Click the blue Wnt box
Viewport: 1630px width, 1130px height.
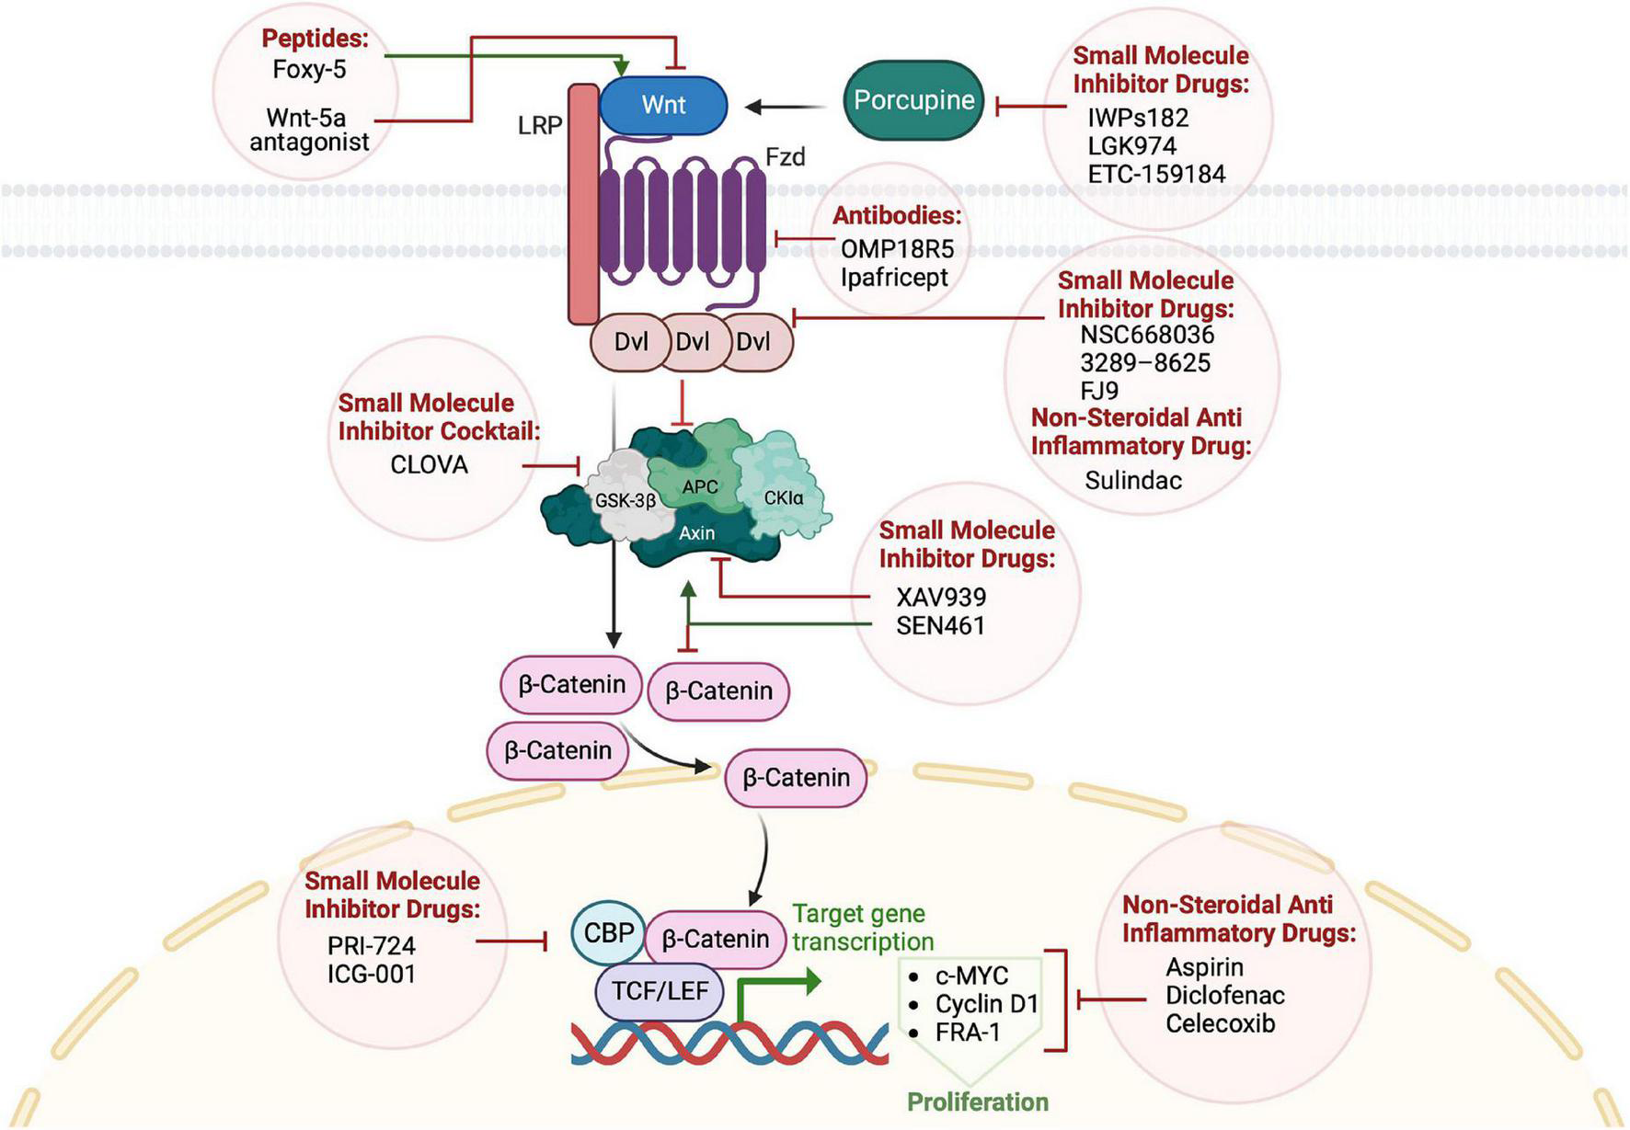tap(663, 105)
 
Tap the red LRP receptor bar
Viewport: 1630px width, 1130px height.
tap(583, 204)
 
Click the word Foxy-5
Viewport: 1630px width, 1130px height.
tap(309, 69)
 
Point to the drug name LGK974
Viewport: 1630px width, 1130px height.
tap(1132, 145)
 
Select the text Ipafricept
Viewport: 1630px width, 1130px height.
tap(894, 277)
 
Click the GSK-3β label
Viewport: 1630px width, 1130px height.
tap(626, 501)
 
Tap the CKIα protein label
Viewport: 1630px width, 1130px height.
tap(784, 498)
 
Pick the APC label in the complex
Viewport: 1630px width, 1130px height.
tap(700, 486)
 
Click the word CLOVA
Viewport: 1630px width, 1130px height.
tap(429, 464)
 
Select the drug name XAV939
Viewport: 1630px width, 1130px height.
tap(941, 597)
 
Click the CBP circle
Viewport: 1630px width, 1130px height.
tap(609, 933)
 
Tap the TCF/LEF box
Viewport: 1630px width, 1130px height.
tap(660, 991)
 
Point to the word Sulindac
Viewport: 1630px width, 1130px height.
tap(1133, 480)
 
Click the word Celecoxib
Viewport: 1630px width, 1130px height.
tap(1221, 1023)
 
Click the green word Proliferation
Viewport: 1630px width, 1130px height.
tap(978, 1101)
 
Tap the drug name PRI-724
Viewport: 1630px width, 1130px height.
tap(372, 945)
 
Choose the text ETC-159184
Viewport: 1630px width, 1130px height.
tap(1156, 174)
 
